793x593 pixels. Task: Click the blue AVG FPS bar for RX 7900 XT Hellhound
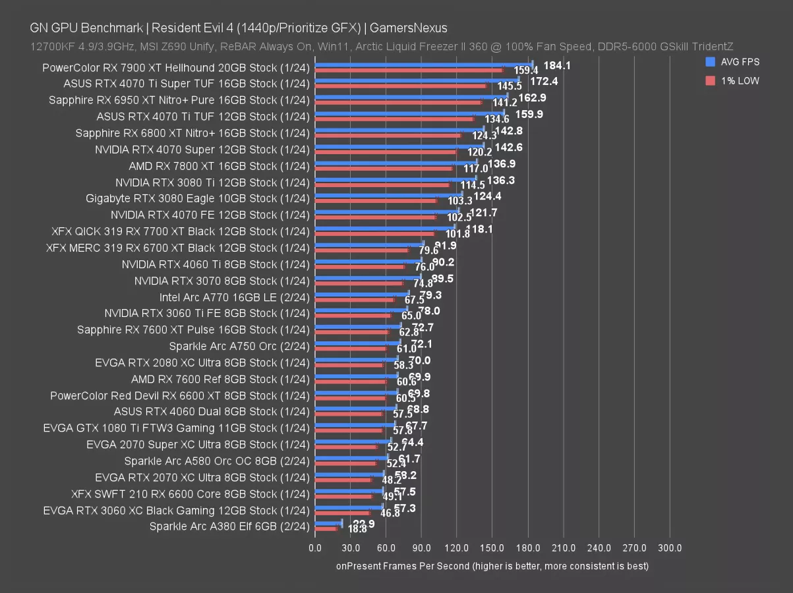423,65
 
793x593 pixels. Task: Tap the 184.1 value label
557,65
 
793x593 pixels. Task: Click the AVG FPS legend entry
732,62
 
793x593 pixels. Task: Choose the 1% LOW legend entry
732,80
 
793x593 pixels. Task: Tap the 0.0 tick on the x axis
315,548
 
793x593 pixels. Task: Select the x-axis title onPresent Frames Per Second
492,566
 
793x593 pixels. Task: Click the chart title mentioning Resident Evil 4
239,28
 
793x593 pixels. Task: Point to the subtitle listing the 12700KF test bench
382,46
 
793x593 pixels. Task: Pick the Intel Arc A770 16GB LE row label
234,296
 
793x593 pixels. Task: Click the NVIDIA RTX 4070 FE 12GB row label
210,215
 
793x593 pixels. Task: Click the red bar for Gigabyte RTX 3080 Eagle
375,200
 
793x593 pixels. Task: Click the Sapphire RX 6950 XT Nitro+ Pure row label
179,100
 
